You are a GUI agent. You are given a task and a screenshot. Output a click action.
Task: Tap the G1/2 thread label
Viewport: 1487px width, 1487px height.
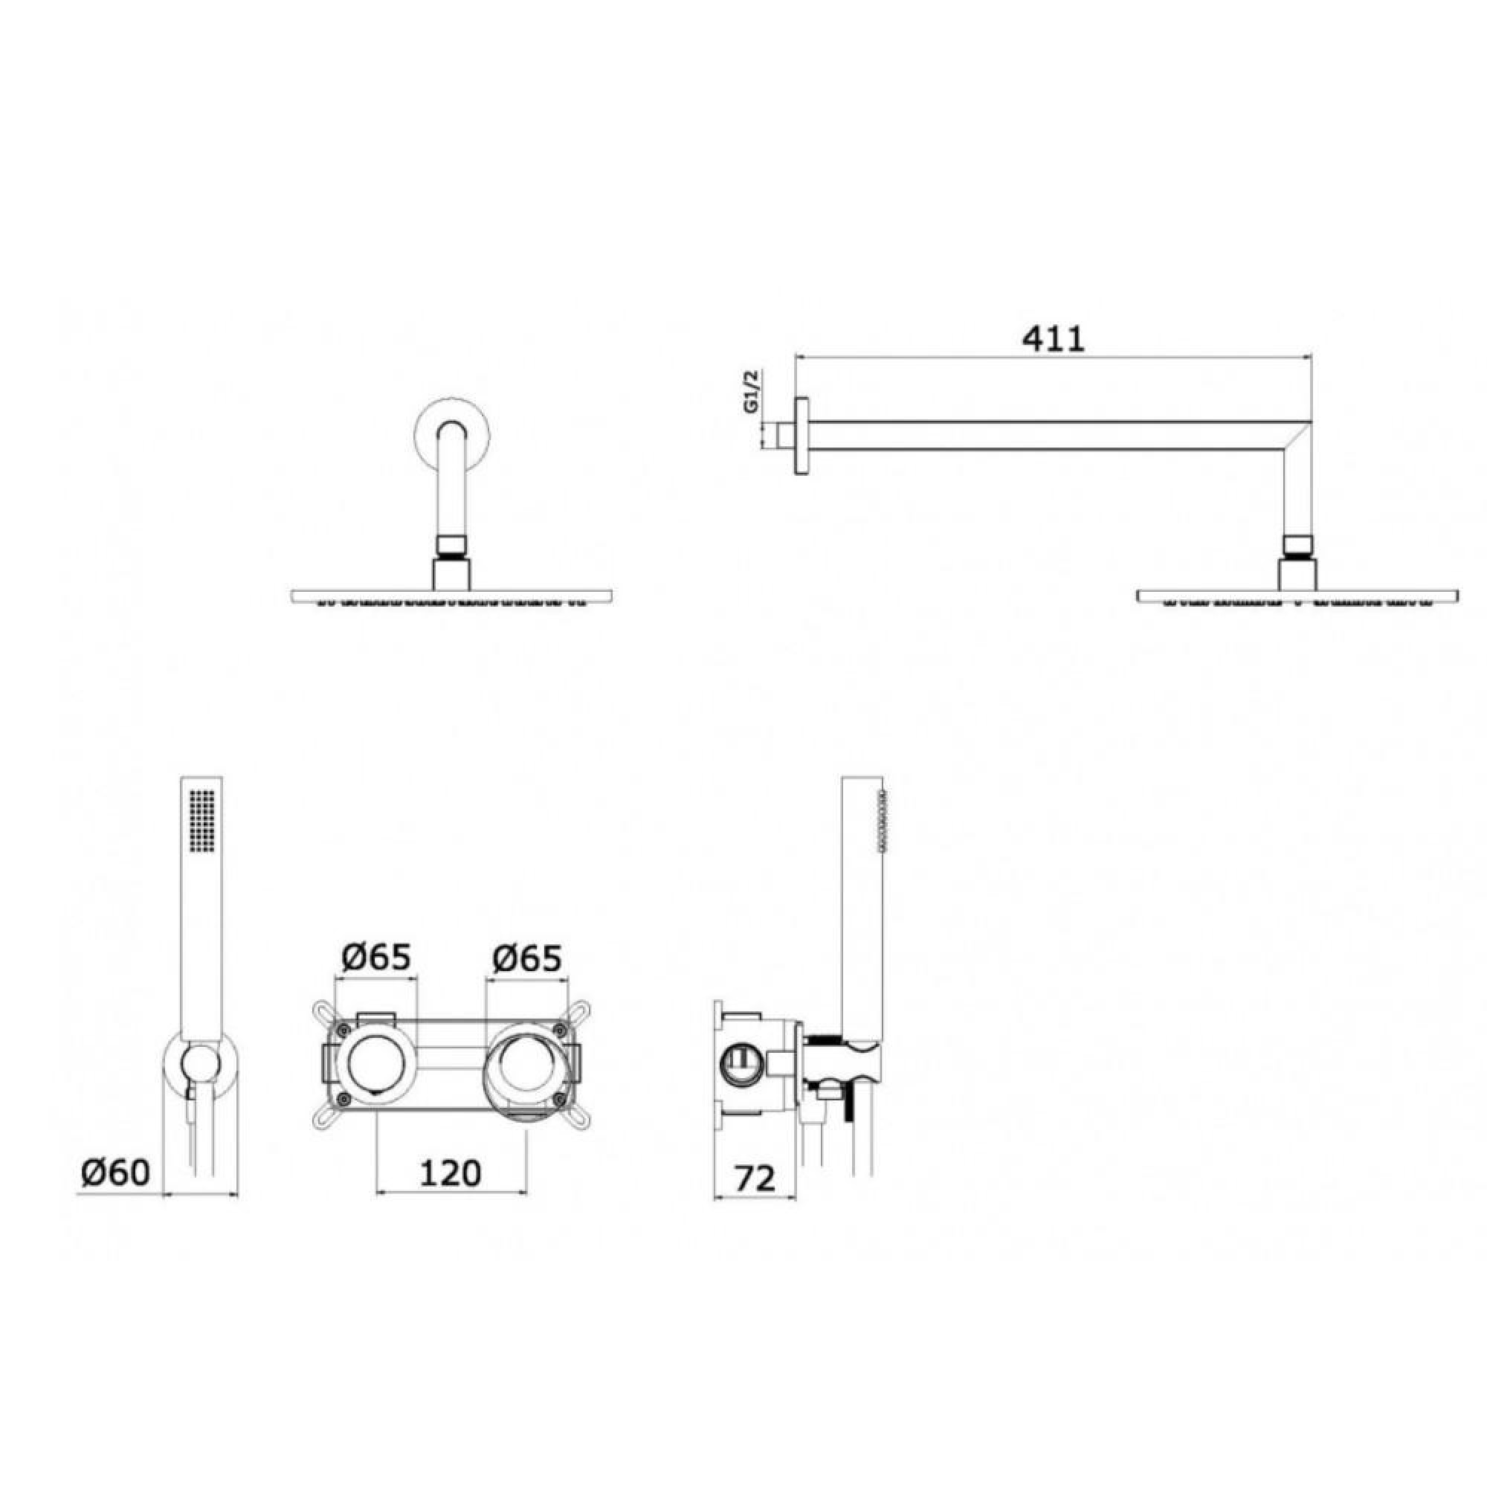752,392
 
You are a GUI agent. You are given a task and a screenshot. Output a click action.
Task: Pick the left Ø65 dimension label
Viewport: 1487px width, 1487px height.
376,958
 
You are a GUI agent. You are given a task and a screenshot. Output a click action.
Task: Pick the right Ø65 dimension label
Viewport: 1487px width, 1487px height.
526,958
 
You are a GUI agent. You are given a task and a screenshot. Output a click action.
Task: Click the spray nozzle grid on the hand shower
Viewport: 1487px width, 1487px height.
202,819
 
